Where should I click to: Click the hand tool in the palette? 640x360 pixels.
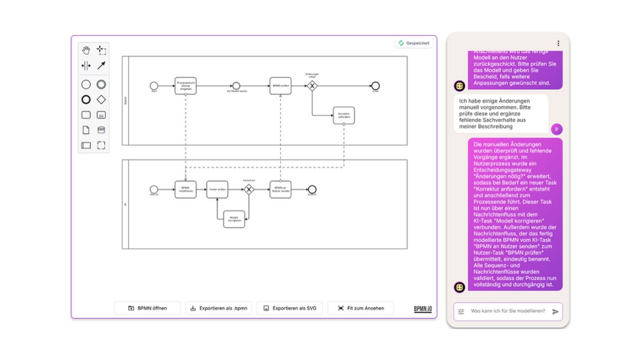86,50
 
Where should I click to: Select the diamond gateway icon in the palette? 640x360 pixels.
101,99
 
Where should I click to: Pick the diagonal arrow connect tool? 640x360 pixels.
101,65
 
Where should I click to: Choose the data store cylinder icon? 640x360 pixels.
101,130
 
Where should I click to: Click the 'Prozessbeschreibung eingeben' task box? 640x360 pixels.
186,86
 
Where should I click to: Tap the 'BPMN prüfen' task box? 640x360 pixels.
280,86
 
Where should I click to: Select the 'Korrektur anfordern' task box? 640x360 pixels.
344,115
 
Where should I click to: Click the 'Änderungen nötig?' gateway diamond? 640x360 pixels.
312,86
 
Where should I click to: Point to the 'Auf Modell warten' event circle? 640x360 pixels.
236,86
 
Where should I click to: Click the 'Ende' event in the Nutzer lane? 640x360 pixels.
375,86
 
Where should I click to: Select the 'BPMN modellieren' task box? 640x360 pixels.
186,189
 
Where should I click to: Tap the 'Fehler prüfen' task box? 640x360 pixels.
217,189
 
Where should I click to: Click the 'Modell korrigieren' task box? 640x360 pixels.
234,219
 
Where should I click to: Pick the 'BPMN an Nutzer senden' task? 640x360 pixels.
280,189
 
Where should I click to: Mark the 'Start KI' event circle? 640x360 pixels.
154,189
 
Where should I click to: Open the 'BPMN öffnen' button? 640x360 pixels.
148,308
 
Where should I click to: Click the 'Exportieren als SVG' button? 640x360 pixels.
290,308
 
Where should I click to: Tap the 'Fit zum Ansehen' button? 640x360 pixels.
360,308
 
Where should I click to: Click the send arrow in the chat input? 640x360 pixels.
555,311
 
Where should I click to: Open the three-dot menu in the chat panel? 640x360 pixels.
558,44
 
